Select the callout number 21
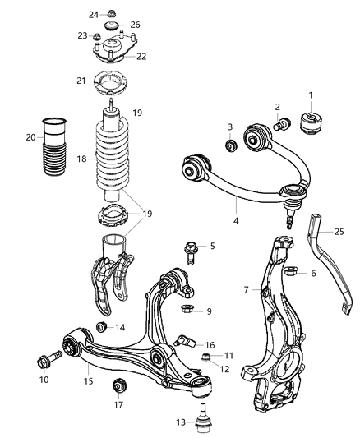click(81, 81)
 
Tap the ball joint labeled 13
click(200, 420)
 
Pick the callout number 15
click(87, 380)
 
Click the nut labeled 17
click(120, 385)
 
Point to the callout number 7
click(246, 289)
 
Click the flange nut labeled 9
click(186, 310)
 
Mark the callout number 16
click(210, 344)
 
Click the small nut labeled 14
click(101, 328)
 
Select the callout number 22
click(141, 56)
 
